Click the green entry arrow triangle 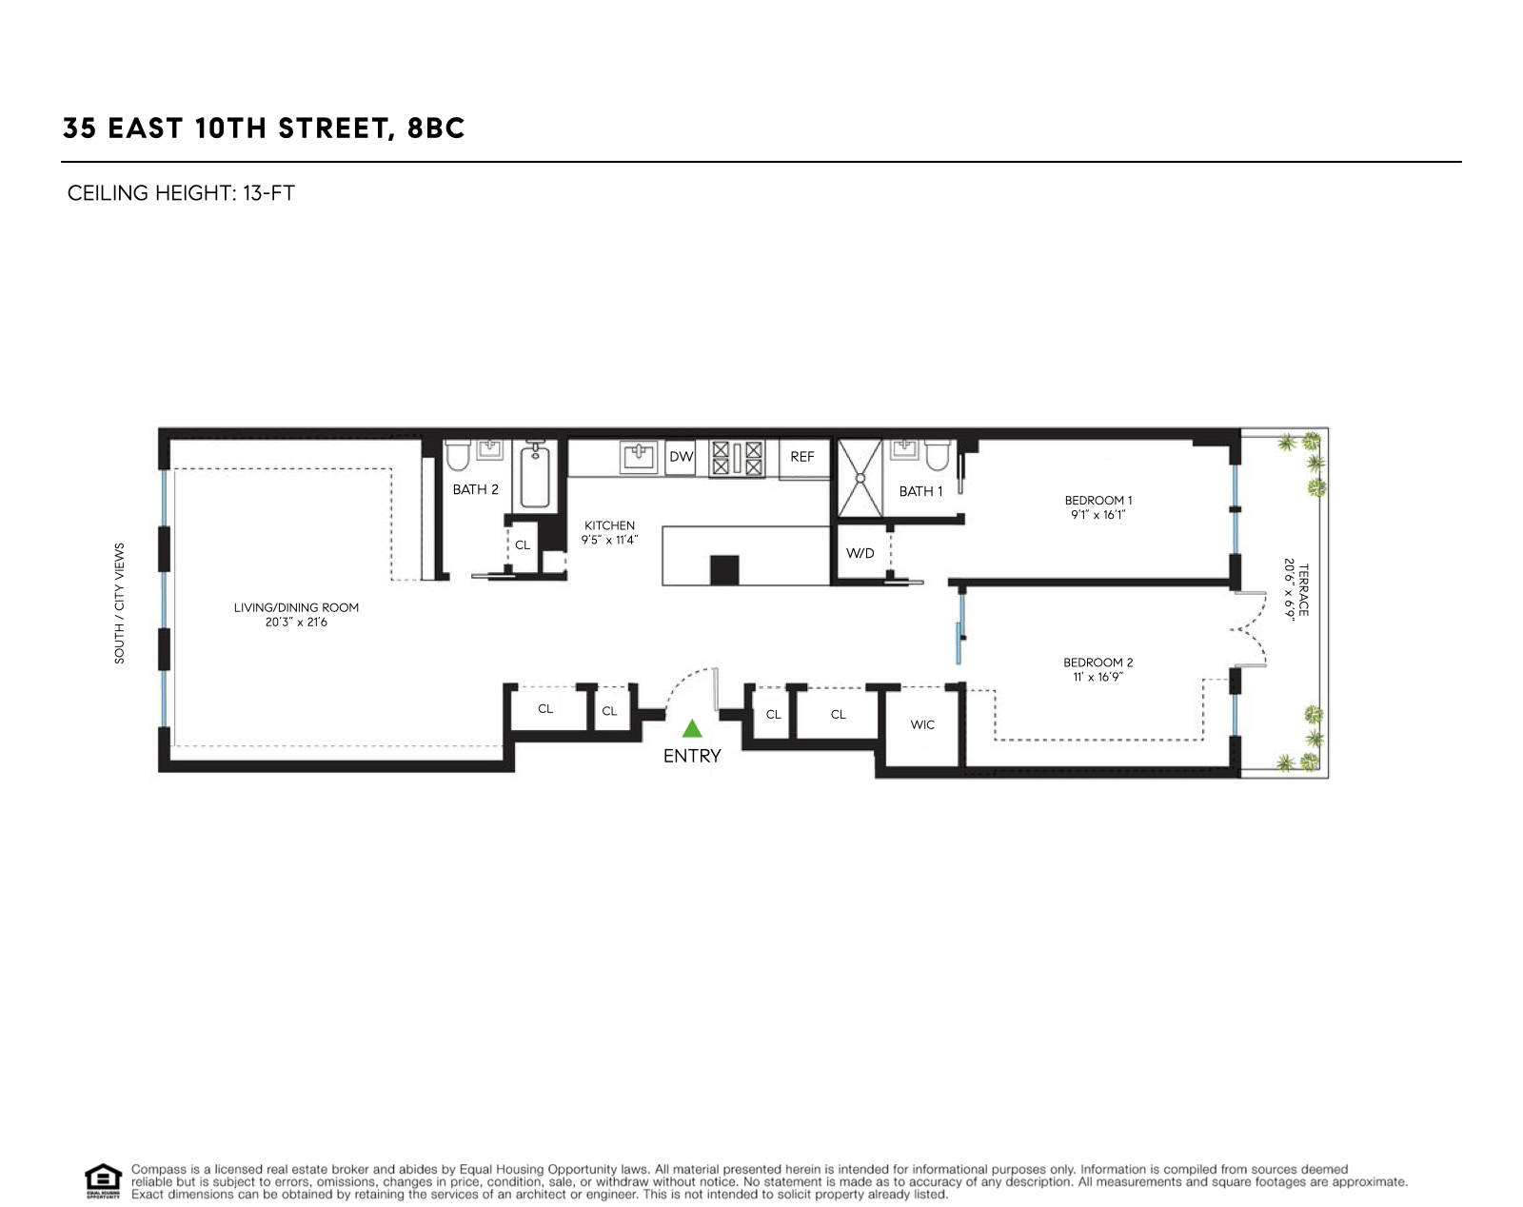[x=692, y=729]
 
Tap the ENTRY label [x=692, y=756]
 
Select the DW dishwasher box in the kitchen [x=682, y=457]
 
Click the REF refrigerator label [x=802, y=457]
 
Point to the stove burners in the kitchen [x=737, y=458]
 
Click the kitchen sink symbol [x=639, y=457]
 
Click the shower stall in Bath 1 [x=860, y=477]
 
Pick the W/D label [x=860, y=553]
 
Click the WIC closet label [x=922, y=725]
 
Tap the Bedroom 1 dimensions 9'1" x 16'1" [x=1098, y=515]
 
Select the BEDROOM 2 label [x=1098, y=663]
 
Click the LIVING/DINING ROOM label [x=296, y=607]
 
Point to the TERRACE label [x=1304, y=590]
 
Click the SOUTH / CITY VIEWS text [x=120, y=603]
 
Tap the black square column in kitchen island [x=724, y=569]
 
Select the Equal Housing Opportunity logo [x=103, y=1180]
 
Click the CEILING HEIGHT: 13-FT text [x=181, y=193]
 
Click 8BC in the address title [x=436, y=129]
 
